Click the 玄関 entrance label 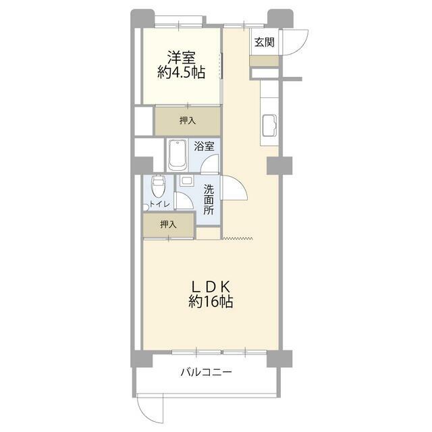tap(264, 43)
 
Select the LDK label tap(211, 286)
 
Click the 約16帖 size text tap(211, 303)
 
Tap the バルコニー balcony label tap(207, 372)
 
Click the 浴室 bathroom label tap(205, 146)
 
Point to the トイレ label tap(159, 204)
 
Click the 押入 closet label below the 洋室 tap(188, 121)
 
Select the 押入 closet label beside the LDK tap(169, 225)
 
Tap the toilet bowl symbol tap(158, 184)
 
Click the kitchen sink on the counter tap(269, 126)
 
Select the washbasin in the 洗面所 tap(186, 180)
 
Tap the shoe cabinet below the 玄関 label tap(264, 61)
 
